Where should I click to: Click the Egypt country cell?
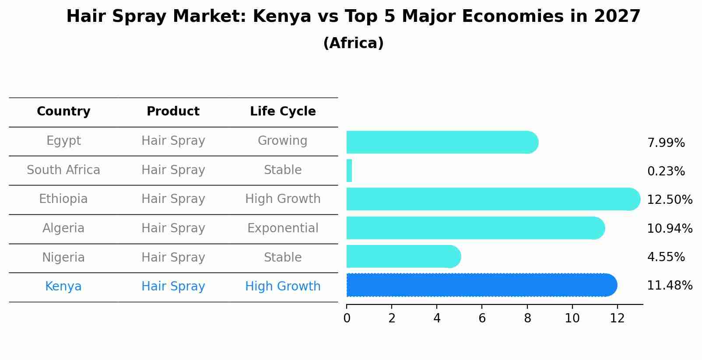63,141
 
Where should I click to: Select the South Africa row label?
63,170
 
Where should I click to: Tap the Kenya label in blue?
63,287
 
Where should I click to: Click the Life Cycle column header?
283,112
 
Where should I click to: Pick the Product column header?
173,112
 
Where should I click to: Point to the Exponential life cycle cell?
283,228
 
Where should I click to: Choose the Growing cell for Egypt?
283,141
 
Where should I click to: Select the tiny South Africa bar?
349,171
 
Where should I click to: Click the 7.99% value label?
666,143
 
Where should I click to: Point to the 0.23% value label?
666,171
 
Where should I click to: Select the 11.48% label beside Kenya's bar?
670,286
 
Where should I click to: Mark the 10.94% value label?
670,229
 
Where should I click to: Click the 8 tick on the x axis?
527,318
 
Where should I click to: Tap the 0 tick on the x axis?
347,318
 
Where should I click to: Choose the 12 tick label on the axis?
617,318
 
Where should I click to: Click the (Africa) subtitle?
353,43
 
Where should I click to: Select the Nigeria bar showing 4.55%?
403,256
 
